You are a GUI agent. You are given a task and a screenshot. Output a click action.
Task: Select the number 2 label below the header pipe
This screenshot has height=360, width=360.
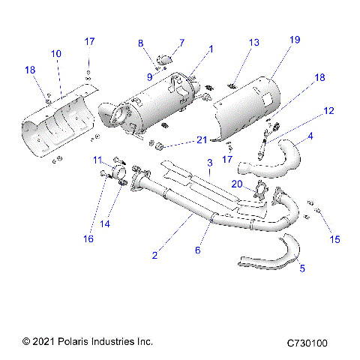click(154, 256)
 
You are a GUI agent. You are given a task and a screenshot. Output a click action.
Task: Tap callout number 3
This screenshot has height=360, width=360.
click(211, 163)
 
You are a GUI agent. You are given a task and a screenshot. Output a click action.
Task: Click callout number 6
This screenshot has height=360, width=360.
click(198, 250)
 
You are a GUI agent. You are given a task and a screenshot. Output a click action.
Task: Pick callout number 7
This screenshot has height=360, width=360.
click(180, 42)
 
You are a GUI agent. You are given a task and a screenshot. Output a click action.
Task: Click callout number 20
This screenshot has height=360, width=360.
click(236, 184)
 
